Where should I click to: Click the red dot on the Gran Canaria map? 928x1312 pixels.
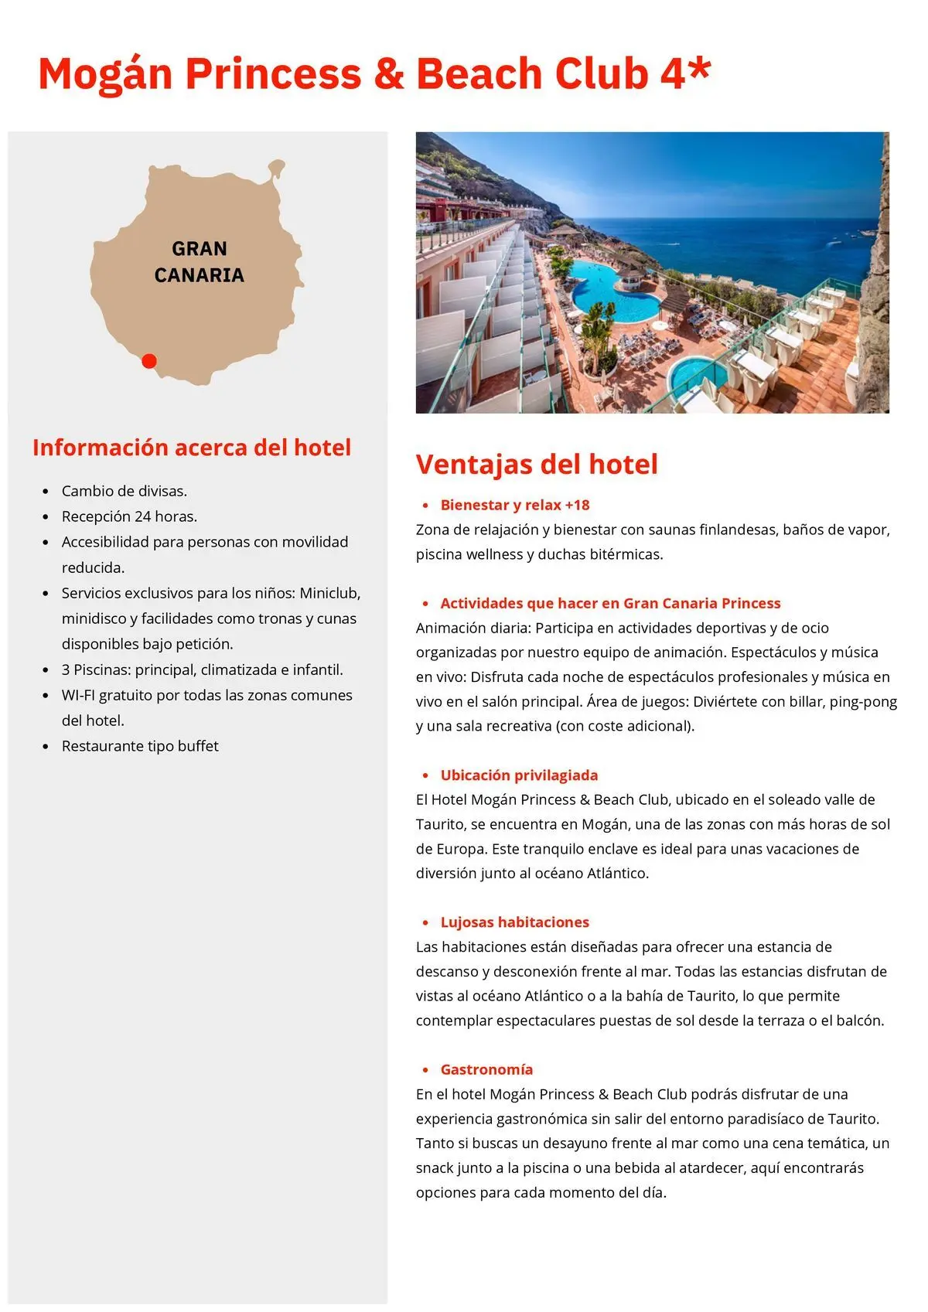149,361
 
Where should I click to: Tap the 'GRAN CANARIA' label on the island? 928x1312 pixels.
200,262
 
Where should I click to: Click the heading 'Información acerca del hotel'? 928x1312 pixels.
192,448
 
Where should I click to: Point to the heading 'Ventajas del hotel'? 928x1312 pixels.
537,464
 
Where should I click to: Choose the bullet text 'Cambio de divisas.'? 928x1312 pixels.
125,491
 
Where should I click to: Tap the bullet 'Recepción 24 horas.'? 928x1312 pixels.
129,516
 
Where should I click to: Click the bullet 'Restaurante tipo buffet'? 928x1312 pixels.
140,746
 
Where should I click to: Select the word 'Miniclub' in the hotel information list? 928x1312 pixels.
329,593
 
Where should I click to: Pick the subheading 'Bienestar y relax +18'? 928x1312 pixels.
515,505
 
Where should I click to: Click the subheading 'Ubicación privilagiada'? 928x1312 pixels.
519,775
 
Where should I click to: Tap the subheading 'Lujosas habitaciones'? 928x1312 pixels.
515,922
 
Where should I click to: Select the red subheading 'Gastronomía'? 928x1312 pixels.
486,1069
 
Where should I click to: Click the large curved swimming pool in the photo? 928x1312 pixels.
611,290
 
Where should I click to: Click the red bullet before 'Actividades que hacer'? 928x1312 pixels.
425,603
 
